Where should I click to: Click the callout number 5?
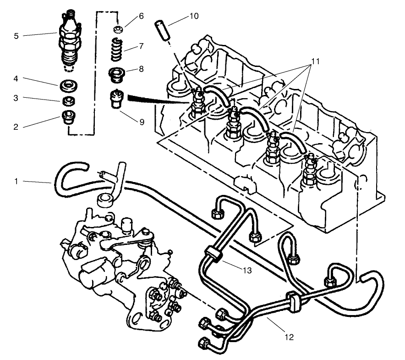[16, 35]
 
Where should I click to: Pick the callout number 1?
[16, 182]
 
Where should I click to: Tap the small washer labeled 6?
[118, 30]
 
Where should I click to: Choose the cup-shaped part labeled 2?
[69, 118]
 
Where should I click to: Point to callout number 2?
[16, 127]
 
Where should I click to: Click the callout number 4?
[16, 79]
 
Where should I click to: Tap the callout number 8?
[142, 70]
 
